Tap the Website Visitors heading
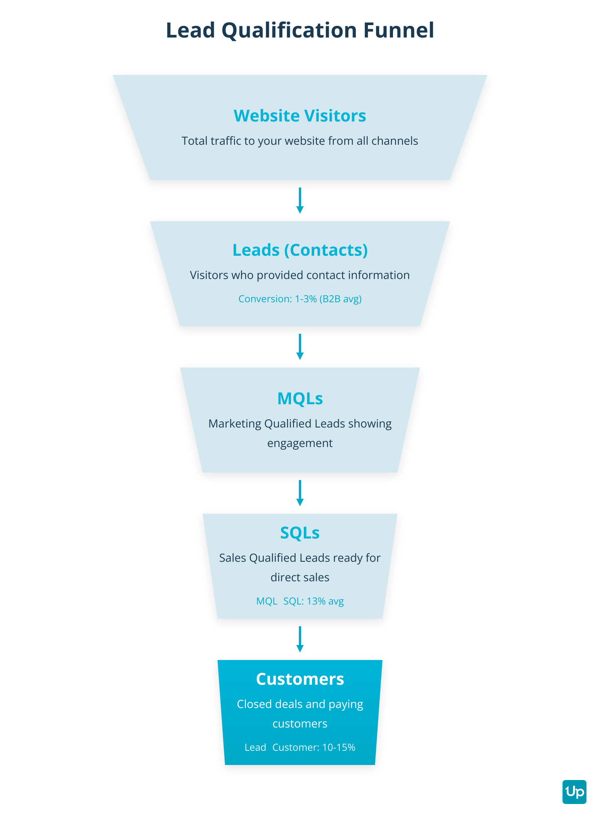tap(300, 115)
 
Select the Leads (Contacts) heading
tap(300, 250)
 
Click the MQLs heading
tap(300, 398)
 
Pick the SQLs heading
tap(300, 532)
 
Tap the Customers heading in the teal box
tap(300, 679)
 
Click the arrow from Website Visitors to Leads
tap(300, 201)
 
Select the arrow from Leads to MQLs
tap(300, 347)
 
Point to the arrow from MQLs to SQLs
tap(300, 493)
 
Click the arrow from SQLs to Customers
tap(300, 639)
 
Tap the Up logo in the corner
tap(574, 792)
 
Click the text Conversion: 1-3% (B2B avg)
tap(300, 299)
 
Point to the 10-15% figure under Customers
tap(339, 747)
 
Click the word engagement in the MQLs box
tap(300, 444)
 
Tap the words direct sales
tap(300, 577)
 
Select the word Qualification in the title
tap(289, 30)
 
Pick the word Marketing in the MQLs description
tap(235, 424)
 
